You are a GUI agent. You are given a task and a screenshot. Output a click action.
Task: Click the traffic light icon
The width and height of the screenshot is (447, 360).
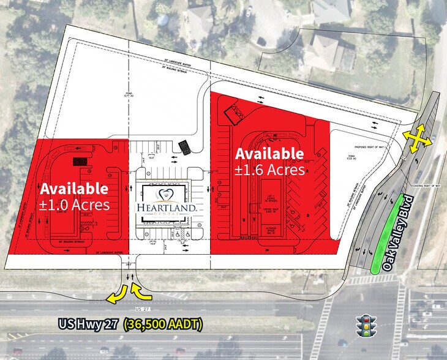point(367,326)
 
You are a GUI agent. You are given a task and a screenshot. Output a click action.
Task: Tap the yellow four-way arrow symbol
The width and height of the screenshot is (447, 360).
point(415,138)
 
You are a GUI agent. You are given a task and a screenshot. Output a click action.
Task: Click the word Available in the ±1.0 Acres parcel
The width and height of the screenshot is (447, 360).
point(75,189)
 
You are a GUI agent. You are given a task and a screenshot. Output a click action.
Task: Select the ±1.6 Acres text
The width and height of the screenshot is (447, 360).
point(269,169)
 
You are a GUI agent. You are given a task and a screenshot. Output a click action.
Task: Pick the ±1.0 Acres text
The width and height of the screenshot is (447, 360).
point(75,204)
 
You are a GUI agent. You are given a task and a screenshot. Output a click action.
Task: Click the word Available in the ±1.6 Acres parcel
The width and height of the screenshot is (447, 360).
point(269,153)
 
